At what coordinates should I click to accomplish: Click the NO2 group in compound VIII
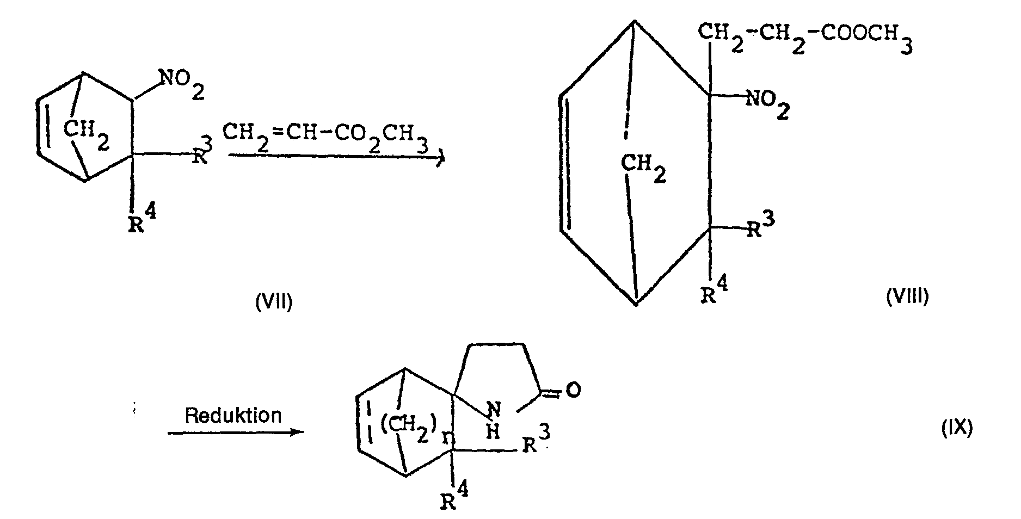(x=767, y=104)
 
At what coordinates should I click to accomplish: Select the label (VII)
(x=274, y=300)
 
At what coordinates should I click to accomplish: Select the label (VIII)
(x=907, y=296)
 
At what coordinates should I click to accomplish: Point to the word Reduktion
(x=233, y=416)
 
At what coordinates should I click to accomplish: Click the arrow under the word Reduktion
(x=235, y=433)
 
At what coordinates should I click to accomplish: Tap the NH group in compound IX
(x=492, y=419)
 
